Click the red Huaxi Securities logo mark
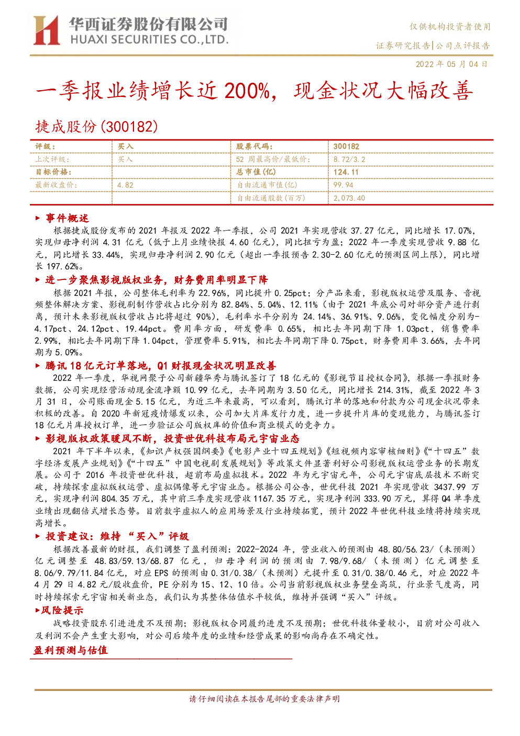coord(46,30)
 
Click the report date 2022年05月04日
coord(451,64)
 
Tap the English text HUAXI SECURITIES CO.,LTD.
coord(149,40)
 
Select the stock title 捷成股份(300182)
coord(96,126)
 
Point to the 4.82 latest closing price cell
coord(125,185)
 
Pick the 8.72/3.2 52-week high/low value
coord(349,159)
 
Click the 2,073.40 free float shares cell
coord(349,198)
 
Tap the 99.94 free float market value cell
coord(343,185)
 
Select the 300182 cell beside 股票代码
coord(346,146)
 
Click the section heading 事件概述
coord(68,218)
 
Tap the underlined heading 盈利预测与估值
coord(71,650)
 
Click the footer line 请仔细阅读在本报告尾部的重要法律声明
coord(264,699)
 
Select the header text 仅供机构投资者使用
coord(450,27)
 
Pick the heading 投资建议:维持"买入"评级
coord(117,537)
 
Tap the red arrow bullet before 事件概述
coord(38,218)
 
